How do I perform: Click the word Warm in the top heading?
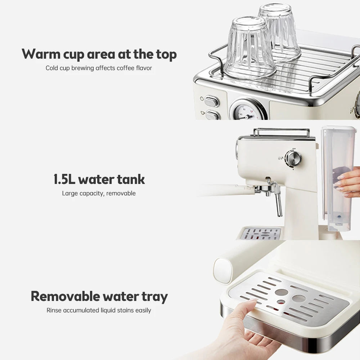click(x=40, y=54)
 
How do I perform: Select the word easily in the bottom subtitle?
click(x=143, y=310)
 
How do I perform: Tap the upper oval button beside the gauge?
click(x=212, y=102)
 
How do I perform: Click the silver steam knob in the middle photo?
click(x=293, y=158)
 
